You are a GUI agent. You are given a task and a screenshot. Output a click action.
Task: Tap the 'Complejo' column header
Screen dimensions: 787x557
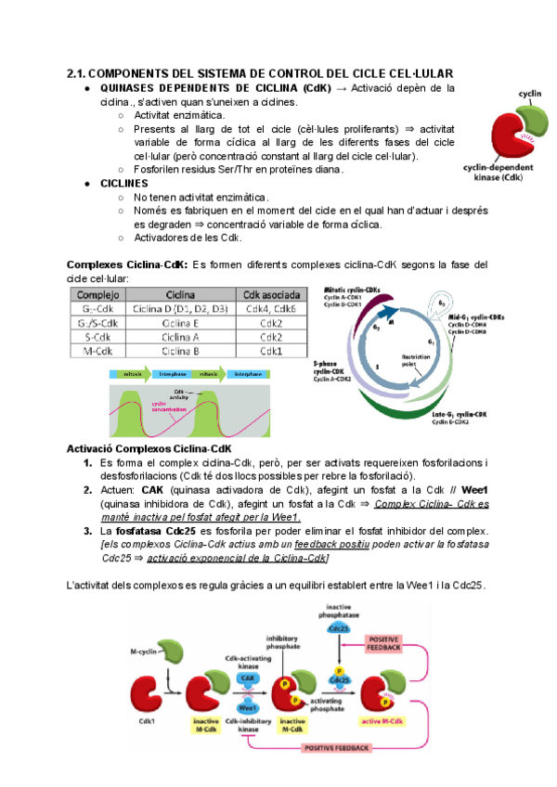[x=96, y=294]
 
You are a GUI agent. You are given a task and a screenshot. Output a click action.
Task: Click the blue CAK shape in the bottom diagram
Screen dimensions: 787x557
[x=247, y=678]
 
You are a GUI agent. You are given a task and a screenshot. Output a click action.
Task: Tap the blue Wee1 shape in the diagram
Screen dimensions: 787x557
[x=247, y=707]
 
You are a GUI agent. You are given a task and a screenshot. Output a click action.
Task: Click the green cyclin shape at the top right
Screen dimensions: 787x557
[x=532, y=119]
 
